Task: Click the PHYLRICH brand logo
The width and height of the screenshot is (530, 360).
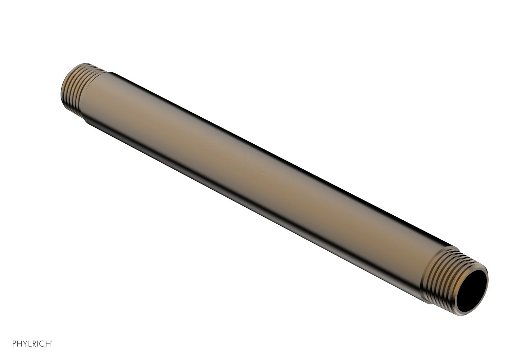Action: pyautogui.click(x=32, y=343)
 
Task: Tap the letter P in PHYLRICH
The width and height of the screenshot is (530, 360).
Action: pyautogui.click(x=14, y=343)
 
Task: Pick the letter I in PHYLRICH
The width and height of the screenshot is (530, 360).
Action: pyautogui.click(x=37, y=343)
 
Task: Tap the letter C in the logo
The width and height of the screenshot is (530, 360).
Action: pyautogui.click(x=41, y=343)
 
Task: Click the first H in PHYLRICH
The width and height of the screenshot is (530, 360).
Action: pyautogui.click(x=19, y=343)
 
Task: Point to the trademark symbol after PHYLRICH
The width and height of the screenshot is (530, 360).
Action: pyautogui.click(x=51, y=341)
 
